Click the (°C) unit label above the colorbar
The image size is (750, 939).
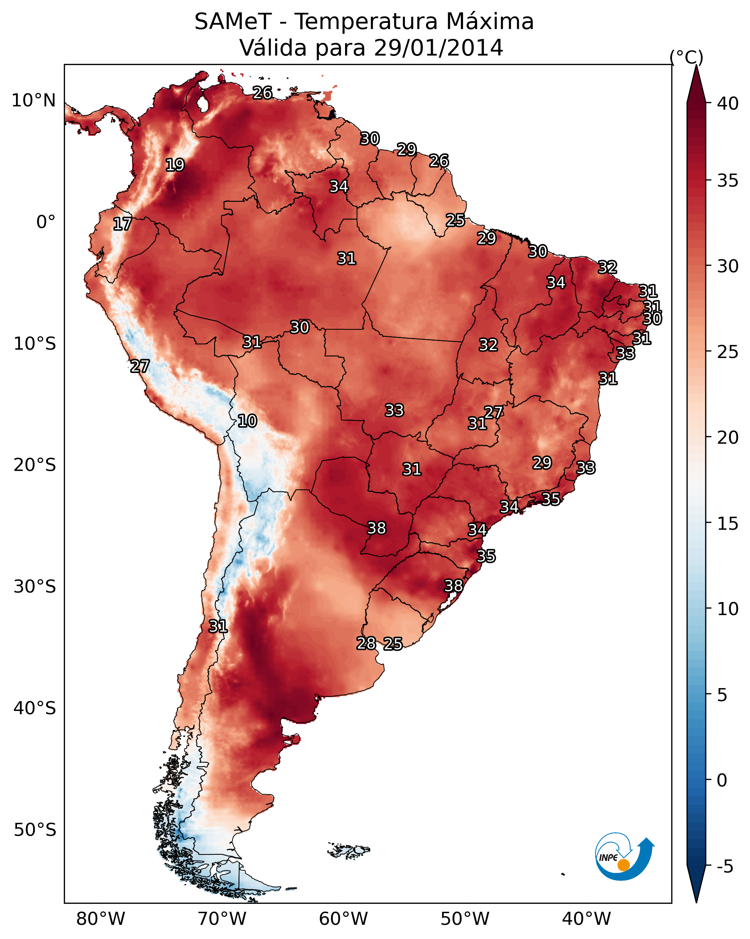[686, 57]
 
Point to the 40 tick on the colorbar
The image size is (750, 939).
[728, 103]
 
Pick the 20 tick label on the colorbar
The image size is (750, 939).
[728, 438]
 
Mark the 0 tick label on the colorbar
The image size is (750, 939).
[722, 780]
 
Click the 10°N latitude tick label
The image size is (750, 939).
[33, 101]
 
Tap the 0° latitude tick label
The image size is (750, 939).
[46, 222]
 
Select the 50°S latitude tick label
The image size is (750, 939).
[35, 830]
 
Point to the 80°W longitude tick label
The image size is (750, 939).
[101, 919]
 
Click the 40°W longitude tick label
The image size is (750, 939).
[586, 919]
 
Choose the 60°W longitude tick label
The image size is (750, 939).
[344, 919]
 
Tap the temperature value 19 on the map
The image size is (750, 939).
[175, 165]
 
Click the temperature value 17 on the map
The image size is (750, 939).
[122, 224]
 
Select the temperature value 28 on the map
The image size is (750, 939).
[366, 643]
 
